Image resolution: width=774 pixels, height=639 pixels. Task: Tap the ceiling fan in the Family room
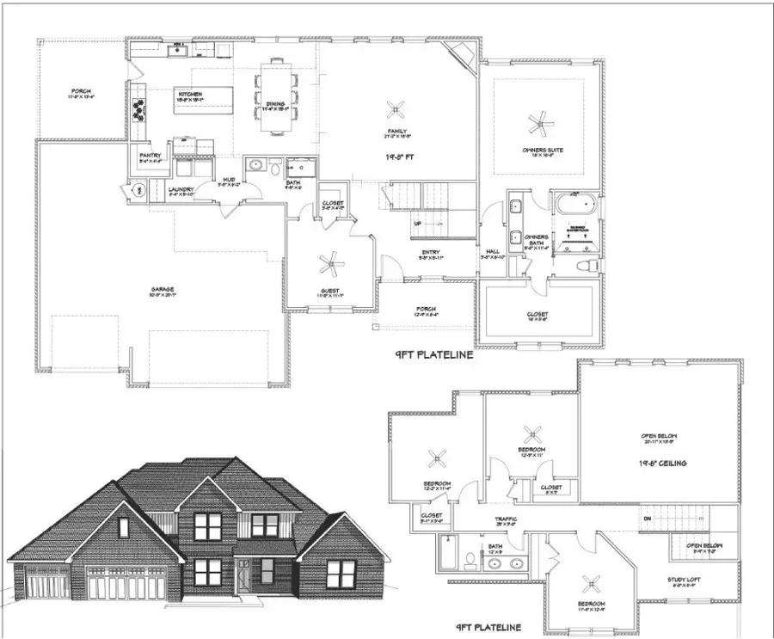(396, 109)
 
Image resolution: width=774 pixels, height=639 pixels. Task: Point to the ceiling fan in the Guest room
(331, 264)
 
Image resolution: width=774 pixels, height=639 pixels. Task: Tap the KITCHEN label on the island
(189, 94)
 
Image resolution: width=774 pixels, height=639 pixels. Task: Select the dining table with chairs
(277, 95)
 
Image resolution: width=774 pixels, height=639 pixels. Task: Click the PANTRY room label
(150, 156)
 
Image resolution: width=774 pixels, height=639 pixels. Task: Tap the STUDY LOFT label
(685, 580)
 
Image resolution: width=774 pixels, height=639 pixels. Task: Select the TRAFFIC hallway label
(505, 520)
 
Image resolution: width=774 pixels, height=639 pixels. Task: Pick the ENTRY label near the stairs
(431, 252)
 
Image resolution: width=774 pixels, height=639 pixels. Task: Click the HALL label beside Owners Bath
(493, 251)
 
